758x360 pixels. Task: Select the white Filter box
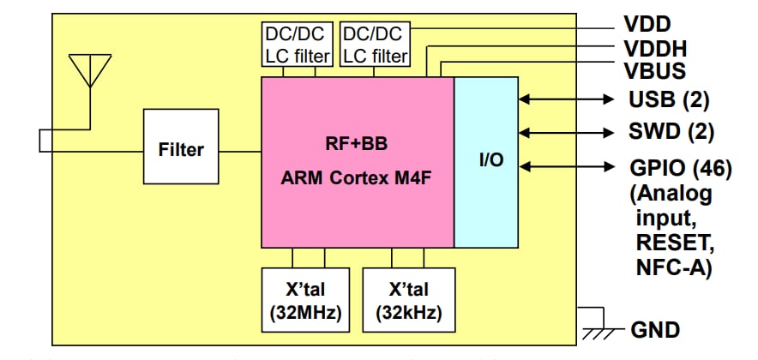(x=181, y=150)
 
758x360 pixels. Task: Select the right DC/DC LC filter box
(x=375, y=44)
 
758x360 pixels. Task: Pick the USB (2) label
(x=669, y=100)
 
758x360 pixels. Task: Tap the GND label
(x=655, y=330)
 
